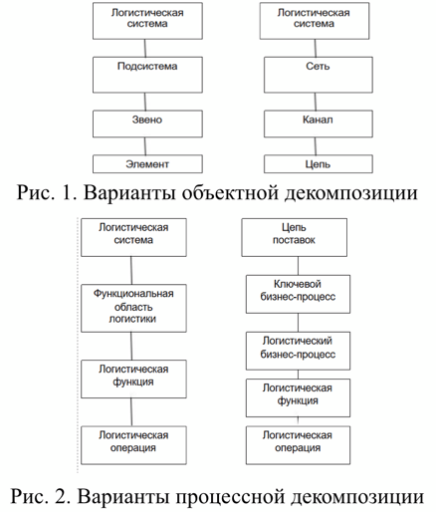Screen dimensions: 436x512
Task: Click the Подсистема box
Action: point(147,75)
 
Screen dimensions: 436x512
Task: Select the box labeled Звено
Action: point(147,124)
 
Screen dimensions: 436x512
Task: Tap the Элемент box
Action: point(147,164)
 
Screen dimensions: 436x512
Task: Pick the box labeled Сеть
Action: point(319,75)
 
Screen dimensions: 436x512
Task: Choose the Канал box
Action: point(319,124)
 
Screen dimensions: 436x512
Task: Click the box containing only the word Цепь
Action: point(319,164)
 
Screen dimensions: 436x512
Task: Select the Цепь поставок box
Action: point(295,237)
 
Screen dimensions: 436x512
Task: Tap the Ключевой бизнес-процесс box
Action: point(298,294)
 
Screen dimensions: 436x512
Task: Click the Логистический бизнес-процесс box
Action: point(298,351)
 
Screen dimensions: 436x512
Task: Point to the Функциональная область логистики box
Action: point(133,308)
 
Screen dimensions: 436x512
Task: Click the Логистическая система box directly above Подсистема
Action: point(147,21)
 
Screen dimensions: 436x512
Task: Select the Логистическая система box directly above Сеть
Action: point(315,21)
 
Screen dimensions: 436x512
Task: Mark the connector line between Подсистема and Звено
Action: point(145,102)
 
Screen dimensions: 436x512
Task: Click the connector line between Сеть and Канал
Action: point(316,102)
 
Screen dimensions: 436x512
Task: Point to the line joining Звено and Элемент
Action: point(145,146)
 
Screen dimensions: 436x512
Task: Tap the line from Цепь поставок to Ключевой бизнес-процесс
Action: point(298,266)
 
